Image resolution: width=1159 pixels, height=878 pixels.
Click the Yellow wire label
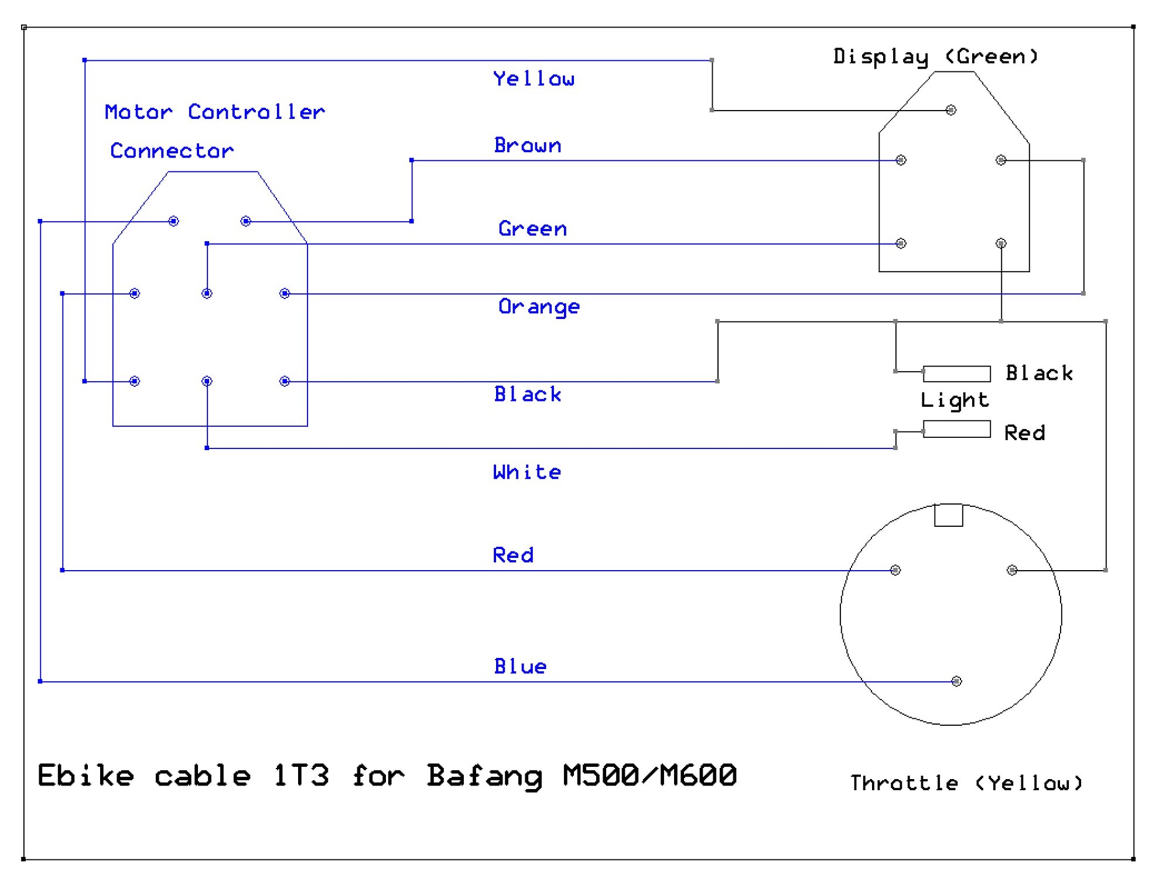coord(534,78)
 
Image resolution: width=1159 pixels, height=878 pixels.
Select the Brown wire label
coord(528,145)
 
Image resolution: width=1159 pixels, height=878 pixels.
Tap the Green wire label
coord(532,228)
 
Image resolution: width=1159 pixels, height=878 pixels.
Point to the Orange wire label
coord(539,306)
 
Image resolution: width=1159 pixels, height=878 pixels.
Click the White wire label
coord(527,472)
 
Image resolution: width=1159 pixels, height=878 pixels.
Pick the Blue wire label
coord(520,666)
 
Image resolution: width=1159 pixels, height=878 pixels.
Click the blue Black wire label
coord(528,394)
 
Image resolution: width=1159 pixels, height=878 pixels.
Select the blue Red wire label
coord(513,555)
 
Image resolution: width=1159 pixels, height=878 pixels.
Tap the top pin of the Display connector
coord(951,110)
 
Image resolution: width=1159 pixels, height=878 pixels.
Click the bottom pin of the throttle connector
coord(956,681)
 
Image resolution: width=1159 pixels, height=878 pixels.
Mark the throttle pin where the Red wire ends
coord(895,570)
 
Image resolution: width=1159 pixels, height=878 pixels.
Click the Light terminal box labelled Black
coord(957,373)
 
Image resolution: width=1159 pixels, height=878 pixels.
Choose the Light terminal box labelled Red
coord(957,429)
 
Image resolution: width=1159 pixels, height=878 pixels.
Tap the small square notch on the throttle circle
coord(949,515)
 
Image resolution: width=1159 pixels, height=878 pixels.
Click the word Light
coord(955,400)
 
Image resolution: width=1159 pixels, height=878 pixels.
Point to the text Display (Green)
coord(935,56)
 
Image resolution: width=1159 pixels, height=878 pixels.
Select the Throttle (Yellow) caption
coord(966,783)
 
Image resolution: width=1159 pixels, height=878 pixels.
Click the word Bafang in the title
coord(484,776)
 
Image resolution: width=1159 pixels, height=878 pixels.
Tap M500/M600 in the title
coord(649,775)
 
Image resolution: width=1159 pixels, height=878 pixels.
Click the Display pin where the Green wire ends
coord(901,243)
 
